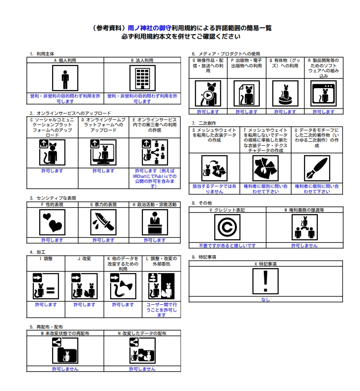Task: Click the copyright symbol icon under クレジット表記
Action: pyautogui.click(x=227, y=227)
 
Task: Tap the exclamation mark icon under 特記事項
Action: pyautogui.click(x=265, y=281)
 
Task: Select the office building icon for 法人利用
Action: pyautogui.click(x=142, y=78)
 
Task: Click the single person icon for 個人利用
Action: pyautogui.click(x=65, y=78)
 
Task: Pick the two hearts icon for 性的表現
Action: pyautogui.click(x=52, y=222)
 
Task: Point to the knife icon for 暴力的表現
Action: pyautogui.click(x=103, y=222)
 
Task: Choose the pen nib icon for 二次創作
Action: pyautogui.click(x=317, y=168)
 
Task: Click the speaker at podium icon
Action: pyautogui.click(x=155, y=222)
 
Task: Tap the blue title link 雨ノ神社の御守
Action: pyautogui.click(x=149, y=28)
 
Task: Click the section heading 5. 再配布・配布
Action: pyautogui.click(x=46, y=327)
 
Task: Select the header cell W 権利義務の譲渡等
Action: pyautogui.click(x=304, y=210)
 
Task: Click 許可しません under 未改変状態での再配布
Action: pyautogui.click(x=65, y=369)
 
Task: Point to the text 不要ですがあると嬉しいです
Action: pyautogui.click(x=227, y=246)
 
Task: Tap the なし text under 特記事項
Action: pyautogui.click(x=265, y=299)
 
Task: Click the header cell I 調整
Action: pyautogui.click(x=46, y=259)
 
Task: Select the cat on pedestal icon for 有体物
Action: pyautogui.click(x=285, y=94)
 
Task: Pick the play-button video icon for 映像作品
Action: pyautogui.click(x=208, y=94)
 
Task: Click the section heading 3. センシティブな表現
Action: pyautogui.click(x=53, y=198)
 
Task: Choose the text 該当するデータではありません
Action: pyautogui.click(x=214, y=189)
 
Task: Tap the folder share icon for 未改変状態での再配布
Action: pyautogui.click(x=65, y=350)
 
